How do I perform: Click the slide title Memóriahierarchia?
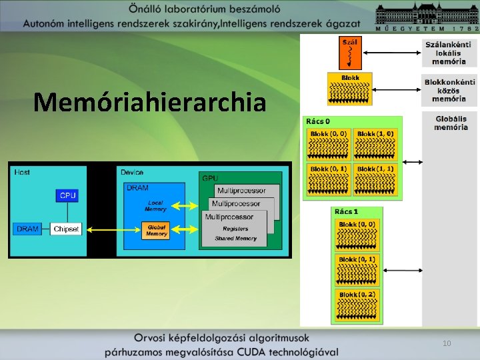coord(149,102)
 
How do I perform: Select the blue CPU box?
coord(67,195)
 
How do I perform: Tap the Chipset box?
coord(66,229)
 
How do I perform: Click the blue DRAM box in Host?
coord(28,229)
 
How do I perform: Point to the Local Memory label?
coord(155,205)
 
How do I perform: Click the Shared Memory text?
coord(236,238)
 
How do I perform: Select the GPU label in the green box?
coord(209,179)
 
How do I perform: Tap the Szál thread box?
coord(350,52)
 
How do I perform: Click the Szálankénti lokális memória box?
coord(449,52)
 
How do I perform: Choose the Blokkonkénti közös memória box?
coord(449,90)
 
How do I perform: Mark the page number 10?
coord(447,343)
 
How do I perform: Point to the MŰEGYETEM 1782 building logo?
coord(427,17)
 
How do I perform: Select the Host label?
coord(22,172)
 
